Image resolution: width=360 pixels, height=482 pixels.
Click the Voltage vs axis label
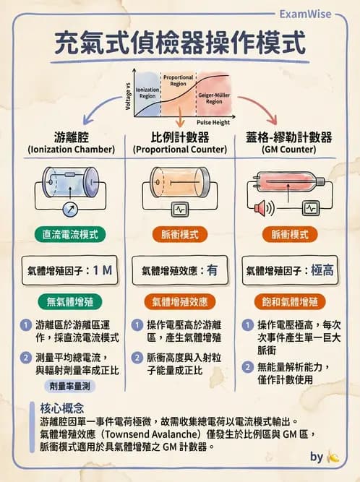(x=129, y=96)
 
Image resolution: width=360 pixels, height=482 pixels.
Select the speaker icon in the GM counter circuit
(x=261, y=209)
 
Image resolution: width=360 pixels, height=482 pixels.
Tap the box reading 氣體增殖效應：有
(x=179, y=271)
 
